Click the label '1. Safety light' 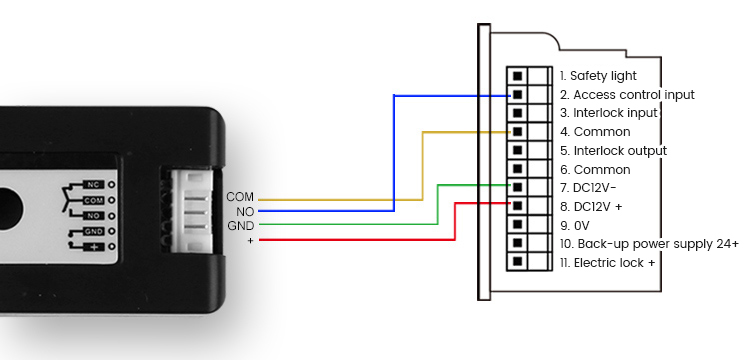(597, 75)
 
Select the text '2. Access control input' (626, 94)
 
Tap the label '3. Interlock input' (608, 113)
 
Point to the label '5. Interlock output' (613, 150)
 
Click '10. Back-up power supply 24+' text (649, 244)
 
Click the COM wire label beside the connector (240, 196)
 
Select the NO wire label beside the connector (244, 211)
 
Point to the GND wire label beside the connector (240, 226)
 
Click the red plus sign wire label (250, 241)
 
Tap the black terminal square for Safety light (517, 75)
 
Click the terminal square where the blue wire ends (517, 94)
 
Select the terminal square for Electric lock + (517, 263)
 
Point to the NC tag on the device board (92, 185)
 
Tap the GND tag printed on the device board (92, 231)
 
